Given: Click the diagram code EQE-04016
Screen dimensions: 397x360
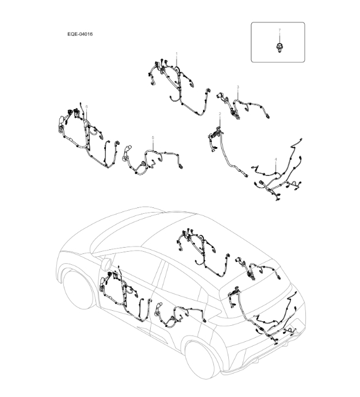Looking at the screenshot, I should [x=80, y=34].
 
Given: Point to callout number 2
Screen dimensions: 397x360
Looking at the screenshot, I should [x=219, y=114].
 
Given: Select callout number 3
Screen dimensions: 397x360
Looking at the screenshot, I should [x=238, y=87].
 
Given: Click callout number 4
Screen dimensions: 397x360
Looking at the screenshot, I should [x=276, y=159].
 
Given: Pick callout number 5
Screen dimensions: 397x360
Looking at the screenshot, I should [x=152, y=138].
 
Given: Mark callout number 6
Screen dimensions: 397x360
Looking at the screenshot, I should [x=86, y=106].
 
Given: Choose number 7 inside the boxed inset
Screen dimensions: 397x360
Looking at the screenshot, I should [x=279, y=29].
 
